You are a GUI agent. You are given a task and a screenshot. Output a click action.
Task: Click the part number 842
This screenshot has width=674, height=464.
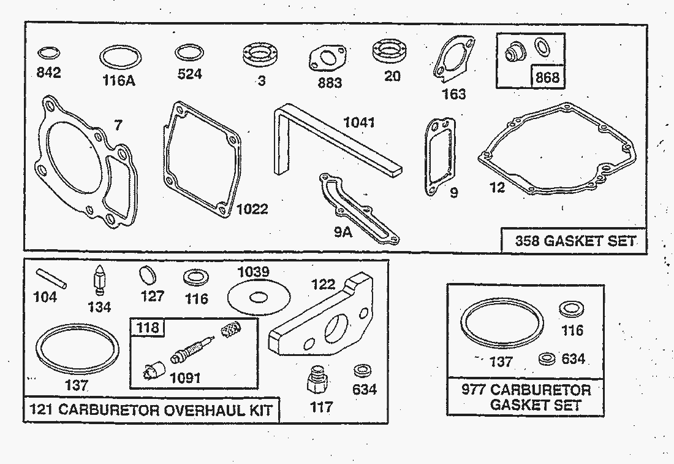pyautogui.click(x=49, y=73)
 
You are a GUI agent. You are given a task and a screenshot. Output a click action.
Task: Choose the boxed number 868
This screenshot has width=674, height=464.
pyautogui.click(x=547, y=77)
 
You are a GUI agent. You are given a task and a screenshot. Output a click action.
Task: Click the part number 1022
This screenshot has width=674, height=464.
pyautogui.click(x=252, y=209)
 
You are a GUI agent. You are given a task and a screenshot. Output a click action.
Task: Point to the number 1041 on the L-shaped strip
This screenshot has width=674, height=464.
pyautogui.click(x=358, y=123)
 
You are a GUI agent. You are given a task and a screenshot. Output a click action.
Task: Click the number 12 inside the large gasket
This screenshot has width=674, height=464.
pyautogui.click(x=497, y=187)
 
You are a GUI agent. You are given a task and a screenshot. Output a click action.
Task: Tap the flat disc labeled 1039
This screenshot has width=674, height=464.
pyautogui.click(x=258, y=298)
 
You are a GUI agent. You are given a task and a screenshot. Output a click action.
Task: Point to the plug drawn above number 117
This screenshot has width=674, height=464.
pyautogui.click(x=316, y=381)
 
